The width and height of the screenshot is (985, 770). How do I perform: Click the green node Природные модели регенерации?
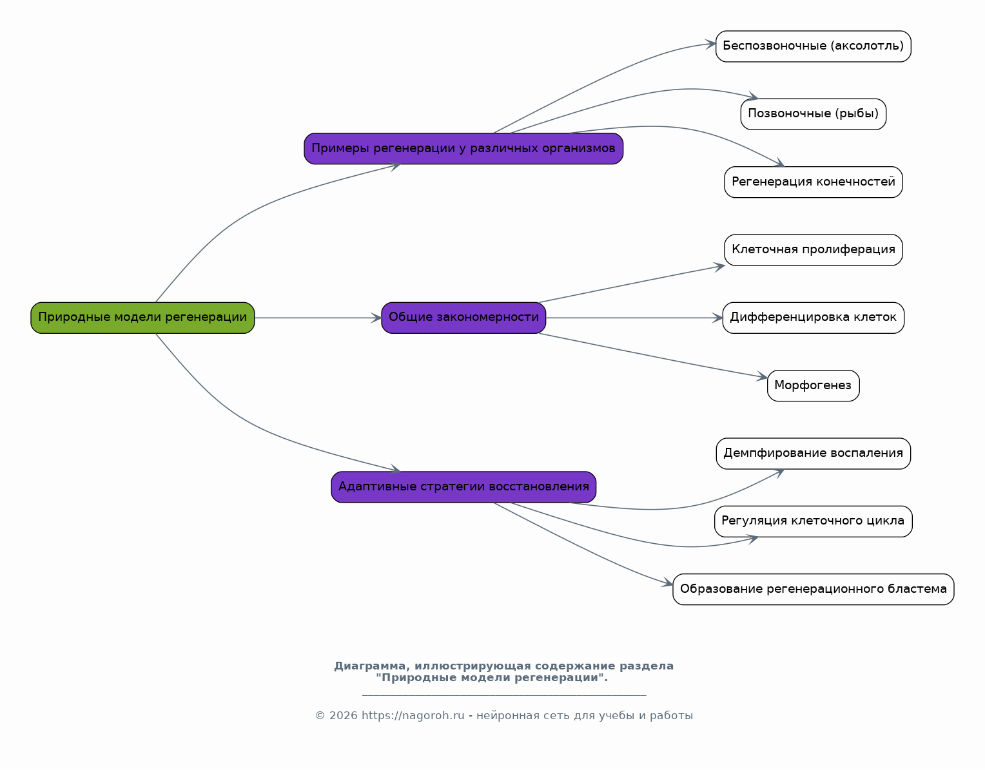(142, 318)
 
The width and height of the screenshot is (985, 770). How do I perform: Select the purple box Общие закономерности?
(463, 318)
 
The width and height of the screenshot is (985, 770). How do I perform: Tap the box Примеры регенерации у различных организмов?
(463, 149)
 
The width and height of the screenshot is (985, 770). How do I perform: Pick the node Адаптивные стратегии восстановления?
(463, 487)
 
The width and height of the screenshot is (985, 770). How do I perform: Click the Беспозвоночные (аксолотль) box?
(813, 46)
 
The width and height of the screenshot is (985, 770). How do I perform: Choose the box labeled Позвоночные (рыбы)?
(813, 114)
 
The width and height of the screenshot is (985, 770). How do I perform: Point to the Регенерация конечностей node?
(813, 182)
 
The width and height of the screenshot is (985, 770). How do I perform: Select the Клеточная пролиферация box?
(813, 250)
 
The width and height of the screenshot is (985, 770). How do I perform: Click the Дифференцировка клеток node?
(813, 318)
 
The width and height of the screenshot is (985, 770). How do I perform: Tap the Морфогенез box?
(813, 386)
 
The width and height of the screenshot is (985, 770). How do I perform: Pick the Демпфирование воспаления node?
(813, 454)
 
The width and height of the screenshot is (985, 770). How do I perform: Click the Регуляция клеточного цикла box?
(813, 522)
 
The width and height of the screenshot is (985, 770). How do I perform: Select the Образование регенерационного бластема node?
(813, 590)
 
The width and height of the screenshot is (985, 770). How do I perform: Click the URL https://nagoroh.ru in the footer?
(413, 716)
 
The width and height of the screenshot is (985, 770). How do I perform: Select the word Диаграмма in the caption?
(369, 666)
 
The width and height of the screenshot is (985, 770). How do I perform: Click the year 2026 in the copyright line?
(343, 716)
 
